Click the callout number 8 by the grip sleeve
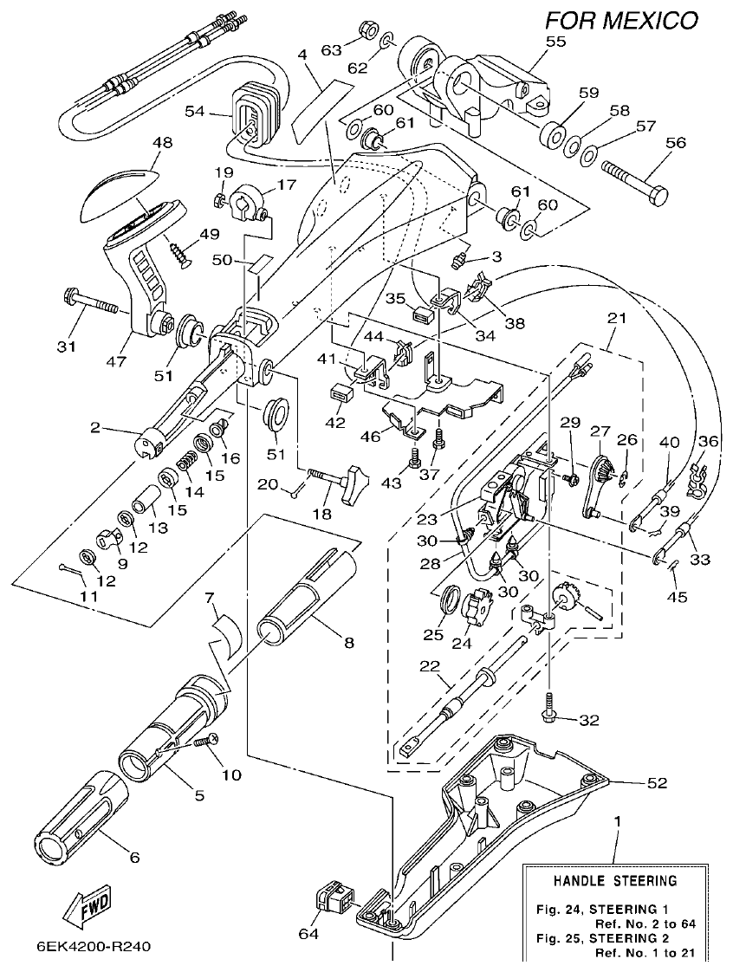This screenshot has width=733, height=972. tap(348, 643)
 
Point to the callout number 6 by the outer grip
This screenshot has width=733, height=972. tap(134, 858)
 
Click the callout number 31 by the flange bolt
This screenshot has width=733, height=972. tap(68, 347)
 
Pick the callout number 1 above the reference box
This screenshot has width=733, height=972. tap(618, 818)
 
